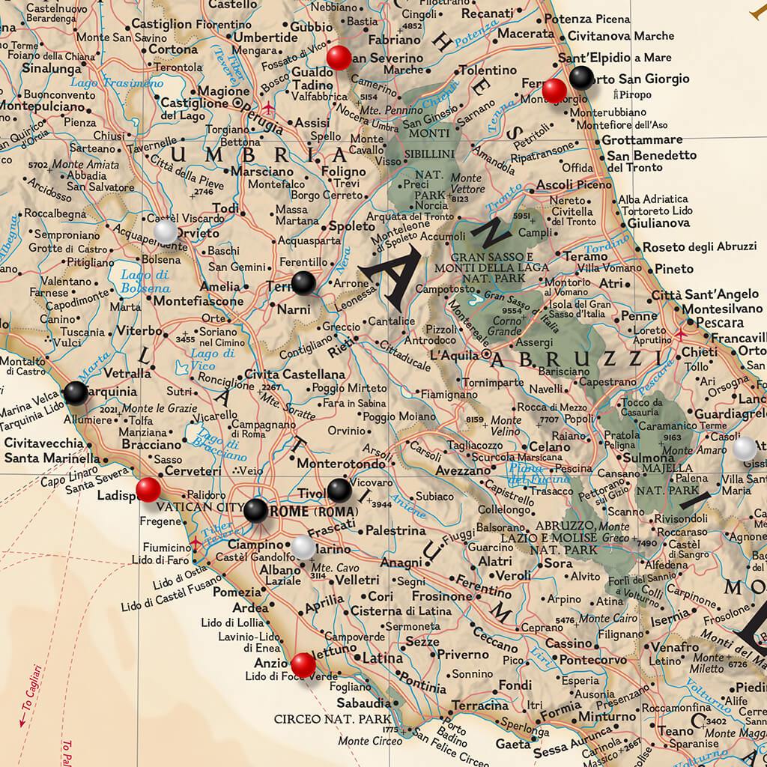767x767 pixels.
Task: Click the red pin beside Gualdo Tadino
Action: click(339, 57)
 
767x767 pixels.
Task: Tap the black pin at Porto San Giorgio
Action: click(581, 78)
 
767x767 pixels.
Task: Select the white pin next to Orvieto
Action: click(166, 231)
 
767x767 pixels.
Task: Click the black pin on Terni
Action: click(303, 283)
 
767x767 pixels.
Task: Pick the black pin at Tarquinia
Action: click(76, 392)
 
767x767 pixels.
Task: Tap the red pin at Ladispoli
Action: click(148, 490)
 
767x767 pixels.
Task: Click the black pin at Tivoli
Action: click(339, 490)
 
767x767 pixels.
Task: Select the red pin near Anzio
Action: click(303, 664)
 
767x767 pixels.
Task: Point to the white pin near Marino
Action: click(303, 548)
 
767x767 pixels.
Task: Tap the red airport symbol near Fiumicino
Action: click(196, 542)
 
